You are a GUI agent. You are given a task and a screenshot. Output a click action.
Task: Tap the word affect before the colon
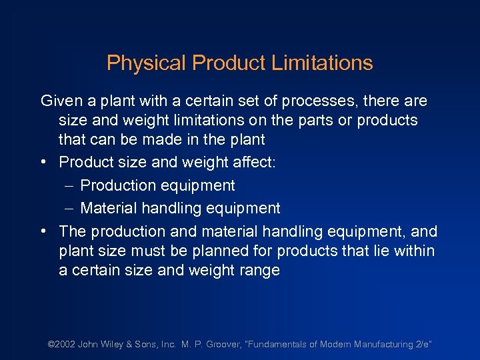[249, 163]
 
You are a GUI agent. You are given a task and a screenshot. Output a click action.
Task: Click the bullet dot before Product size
[43, 163]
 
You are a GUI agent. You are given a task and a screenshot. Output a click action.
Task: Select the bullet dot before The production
[43, 231]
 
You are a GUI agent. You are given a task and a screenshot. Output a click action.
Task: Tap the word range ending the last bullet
[259, 271]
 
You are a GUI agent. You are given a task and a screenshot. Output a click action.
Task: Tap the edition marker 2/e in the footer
[423, 345]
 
